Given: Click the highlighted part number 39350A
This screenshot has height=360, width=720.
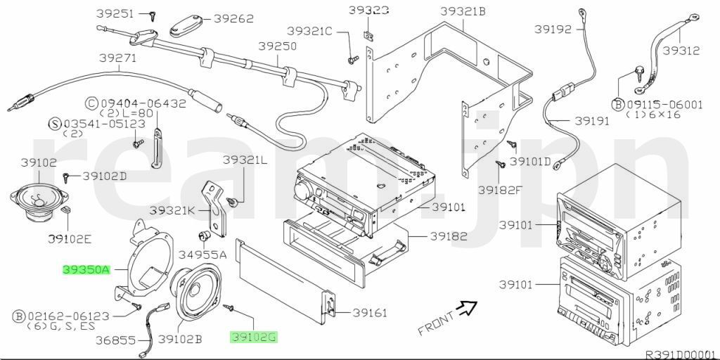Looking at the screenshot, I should tap(86, 269).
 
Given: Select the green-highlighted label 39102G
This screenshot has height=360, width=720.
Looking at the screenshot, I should tap(254, 337).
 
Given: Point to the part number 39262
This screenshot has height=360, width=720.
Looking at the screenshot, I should tap(233, 19).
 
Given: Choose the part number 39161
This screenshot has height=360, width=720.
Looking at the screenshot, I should tap(370, 312).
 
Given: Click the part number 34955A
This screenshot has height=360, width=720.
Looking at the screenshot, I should tap(202, 254).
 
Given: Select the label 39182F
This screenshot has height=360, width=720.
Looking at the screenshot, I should tap(501, 189).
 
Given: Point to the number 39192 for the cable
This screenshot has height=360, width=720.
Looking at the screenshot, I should tap(553, 30).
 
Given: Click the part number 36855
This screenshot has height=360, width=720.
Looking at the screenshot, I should tap(117, 340).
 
